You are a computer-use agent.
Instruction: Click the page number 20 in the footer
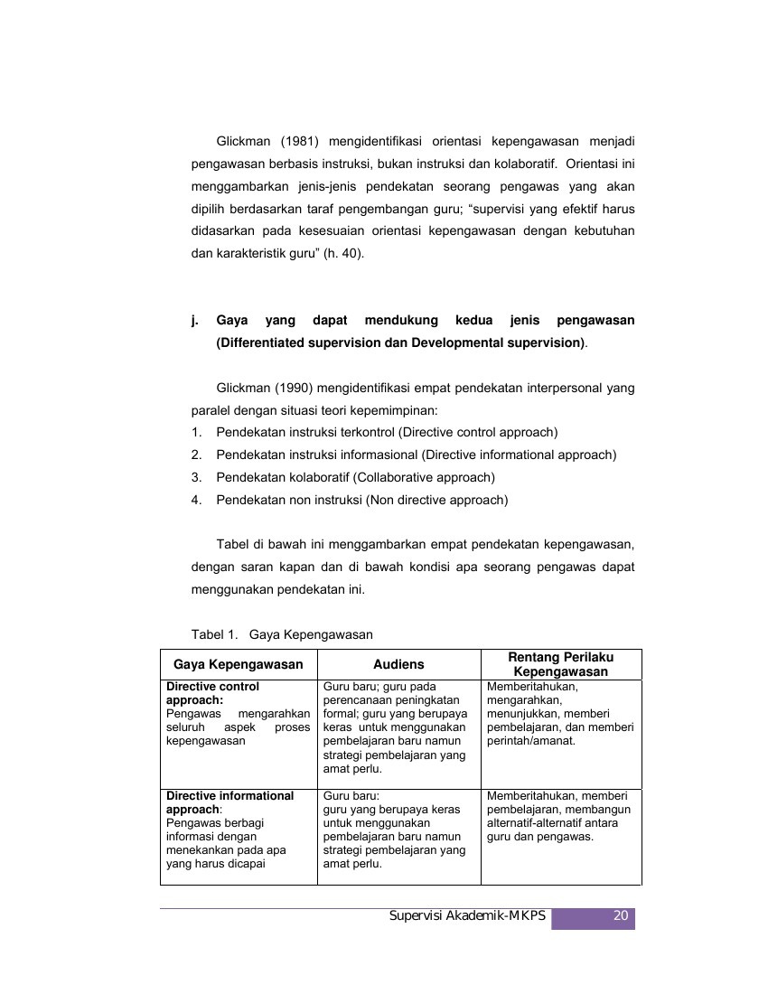coord(621,916)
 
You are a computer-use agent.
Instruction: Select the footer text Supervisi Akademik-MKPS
coord(467,916)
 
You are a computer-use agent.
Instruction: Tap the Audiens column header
coord(398,664)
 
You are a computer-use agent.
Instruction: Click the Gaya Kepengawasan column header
coord(239,664)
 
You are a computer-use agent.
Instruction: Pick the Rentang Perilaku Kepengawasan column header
coord(561,664)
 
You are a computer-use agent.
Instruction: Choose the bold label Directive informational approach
coord(229,802)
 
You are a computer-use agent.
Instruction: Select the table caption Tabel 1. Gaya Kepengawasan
coord(282,633)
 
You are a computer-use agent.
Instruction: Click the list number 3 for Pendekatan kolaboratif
coord(196,477)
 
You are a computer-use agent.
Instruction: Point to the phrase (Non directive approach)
coord(437,500)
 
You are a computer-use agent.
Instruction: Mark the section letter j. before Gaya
coord(195,321)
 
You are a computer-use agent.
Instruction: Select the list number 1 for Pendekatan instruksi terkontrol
coord(196,432)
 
